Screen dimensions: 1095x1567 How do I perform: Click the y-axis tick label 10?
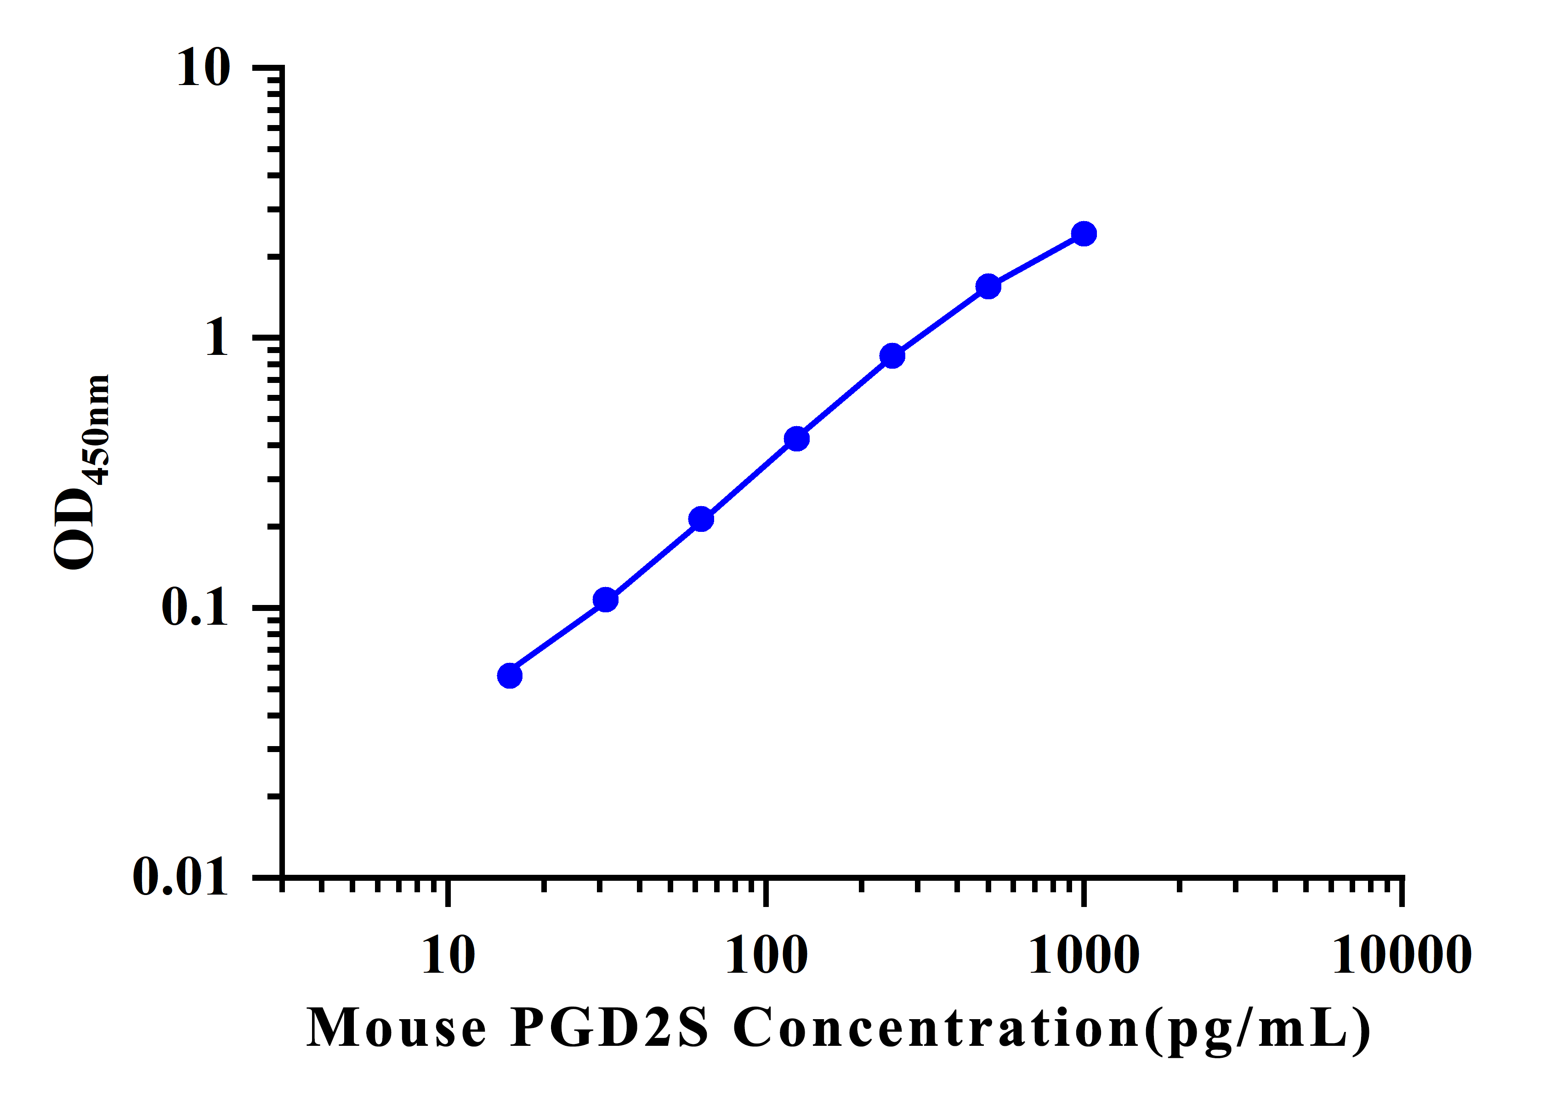[x=204, y=68]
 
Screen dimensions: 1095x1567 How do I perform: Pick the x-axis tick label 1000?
[x=1084, y=956]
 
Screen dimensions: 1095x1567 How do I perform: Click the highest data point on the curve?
[x=1084, y=234]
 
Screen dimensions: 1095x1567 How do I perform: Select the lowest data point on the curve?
[x=510, y=676]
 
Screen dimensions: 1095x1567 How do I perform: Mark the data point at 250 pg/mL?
[x=892, y=356]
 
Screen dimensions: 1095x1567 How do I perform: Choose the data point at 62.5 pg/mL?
[x=701, y=519]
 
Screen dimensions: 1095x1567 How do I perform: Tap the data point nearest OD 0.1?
[x=605, y=600]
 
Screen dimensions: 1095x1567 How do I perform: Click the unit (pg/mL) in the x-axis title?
[x=1257, y=1029]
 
